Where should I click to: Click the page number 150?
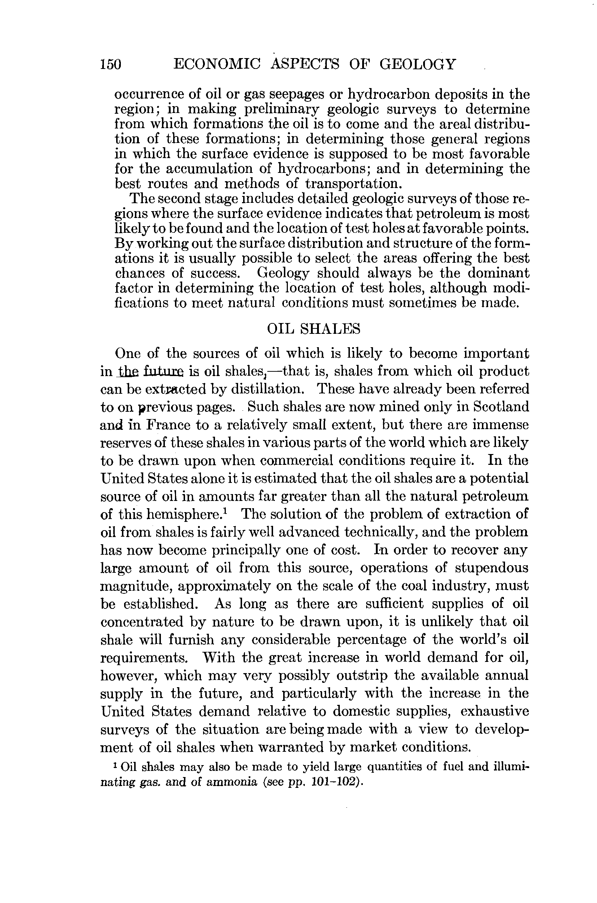(111, 64)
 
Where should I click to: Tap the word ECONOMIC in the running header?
(217, 64)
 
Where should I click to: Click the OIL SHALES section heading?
(314, 329)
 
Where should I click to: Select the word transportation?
(353, 184)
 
